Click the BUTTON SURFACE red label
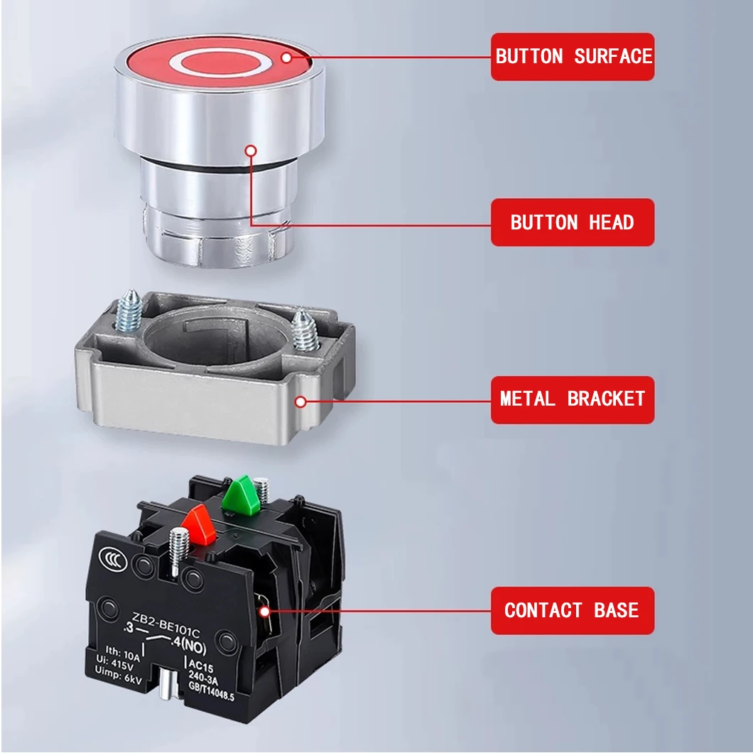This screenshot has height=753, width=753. pos(573,57)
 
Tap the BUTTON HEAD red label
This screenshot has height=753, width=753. pos(573,222)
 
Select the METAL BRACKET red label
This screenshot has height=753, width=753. pos(573,399)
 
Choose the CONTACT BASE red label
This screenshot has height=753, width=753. pos(573,610)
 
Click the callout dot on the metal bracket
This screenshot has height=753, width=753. pos(300,402)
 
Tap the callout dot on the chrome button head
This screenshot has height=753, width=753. pos(250,151)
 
